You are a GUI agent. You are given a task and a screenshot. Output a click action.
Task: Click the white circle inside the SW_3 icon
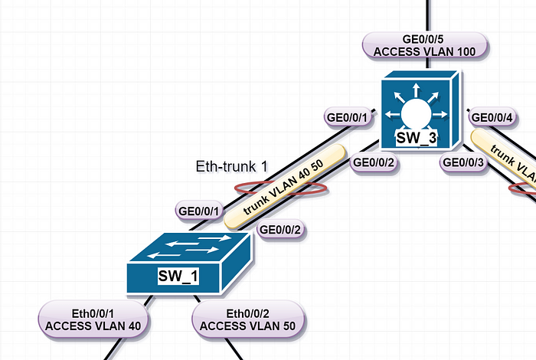coord(416,113)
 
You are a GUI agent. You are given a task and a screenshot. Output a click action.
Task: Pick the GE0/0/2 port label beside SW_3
coord(374,162)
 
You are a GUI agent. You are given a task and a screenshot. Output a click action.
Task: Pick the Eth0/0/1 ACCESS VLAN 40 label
coord(93,319)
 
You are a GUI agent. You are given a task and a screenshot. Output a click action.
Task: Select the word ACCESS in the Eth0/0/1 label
coord(68,326)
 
